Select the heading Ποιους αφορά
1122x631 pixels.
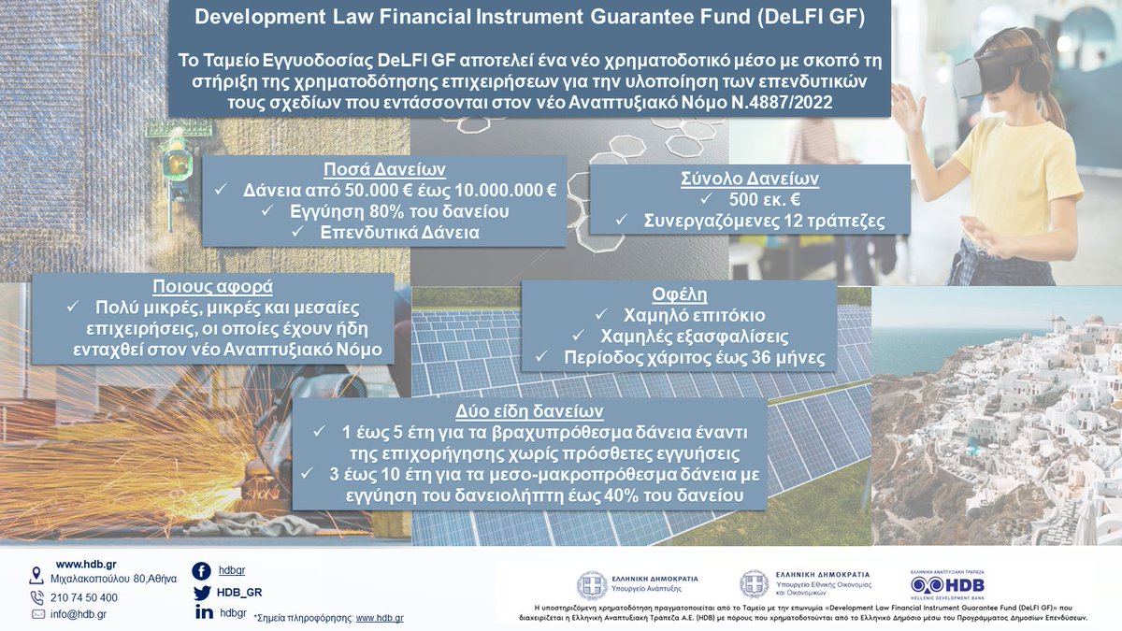[x=213, y=287]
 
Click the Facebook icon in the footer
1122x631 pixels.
[x=201, y=571]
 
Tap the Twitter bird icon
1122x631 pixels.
[x=202, y=593]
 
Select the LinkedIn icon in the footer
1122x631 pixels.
[x=203, y=612]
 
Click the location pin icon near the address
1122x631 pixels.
[x=37, y=574]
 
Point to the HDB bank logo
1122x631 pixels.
[x=948, y=586]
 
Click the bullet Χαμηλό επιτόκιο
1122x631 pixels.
[x=688, y=314]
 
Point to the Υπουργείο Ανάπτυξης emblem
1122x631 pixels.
[x=591, y=585]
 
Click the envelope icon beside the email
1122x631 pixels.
[x=37, y=614]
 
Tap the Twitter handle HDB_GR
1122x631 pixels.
[x=239, y=593]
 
